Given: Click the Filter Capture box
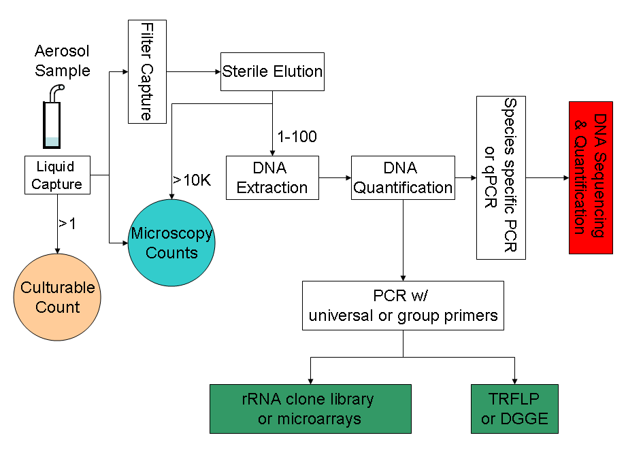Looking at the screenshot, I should tap(147, 71).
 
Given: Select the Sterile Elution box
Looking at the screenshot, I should tap(272, 71).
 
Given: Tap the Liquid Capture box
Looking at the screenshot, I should tap(57, 175).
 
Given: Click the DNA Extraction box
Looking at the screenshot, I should tap(272, 177).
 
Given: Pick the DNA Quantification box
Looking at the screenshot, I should tap(403, 177).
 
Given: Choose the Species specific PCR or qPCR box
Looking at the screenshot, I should tap(501, 177).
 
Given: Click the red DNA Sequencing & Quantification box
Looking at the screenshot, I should tap(591, 177).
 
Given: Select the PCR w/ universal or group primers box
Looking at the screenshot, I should tap(403, 306).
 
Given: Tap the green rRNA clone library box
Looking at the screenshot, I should tap(310, 409).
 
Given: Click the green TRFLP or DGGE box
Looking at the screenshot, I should tap(514, 409).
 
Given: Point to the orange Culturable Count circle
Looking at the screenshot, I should tap(58, 298).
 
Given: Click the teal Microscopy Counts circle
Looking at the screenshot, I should tap(171, 243).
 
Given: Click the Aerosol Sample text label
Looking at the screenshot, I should tap(62, 61).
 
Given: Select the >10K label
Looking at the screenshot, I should tap(191, 180).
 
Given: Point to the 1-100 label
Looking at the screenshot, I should tap(297, 137).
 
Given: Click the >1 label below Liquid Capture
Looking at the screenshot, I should tap(67, 222).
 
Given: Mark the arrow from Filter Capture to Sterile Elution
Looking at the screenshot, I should tap(193, 71).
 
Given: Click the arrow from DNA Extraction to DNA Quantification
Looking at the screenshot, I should tap(335, 178).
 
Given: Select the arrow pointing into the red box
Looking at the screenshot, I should tap(547, 178).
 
